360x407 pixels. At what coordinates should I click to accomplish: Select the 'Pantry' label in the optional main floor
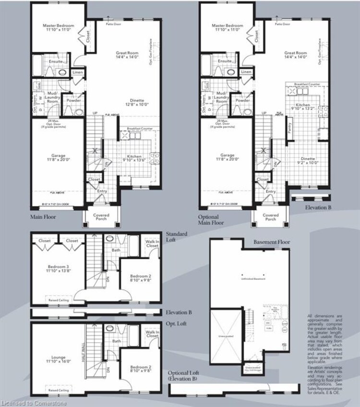pos(289,127)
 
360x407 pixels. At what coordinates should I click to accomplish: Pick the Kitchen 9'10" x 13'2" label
pos(303,106)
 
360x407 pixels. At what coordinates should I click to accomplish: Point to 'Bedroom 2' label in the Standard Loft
pos(140,278)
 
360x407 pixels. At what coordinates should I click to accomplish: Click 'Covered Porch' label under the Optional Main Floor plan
pos(271,217)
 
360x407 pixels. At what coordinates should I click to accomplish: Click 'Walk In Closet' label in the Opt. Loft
pos(152,335)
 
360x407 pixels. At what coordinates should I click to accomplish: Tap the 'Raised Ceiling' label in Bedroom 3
pos(58,300)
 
